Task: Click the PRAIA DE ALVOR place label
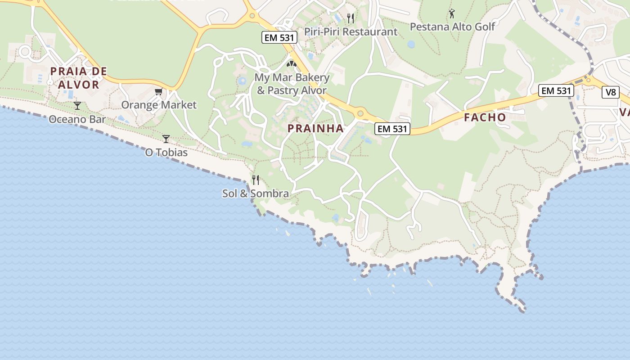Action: (78, 78)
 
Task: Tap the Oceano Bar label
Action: (77, 119)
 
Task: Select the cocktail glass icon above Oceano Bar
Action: (77, 106)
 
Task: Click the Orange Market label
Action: (159, 105)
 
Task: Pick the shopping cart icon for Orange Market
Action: (158, 92)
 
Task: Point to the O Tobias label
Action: (166, 153)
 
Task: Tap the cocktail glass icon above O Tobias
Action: (166, 139)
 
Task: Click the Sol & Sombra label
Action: (256, 193)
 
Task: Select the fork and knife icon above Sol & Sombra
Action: (256, 180)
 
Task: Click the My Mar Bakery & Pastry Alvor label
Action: (292, 84)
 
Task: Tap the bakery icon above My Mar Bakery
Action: (292, 64)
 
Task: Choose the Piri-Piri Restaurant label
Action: (351, 31)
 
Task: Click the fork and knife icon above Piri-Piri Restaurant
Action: (351, 18)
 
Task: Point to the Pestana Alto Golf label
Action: (452, 27)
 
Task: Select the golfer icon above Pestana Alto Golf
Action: (452, 13)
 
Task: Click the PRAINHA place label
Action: (315, 128)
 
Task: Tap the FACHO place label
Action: (485, 117)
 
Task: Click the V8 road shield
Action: (610, 92)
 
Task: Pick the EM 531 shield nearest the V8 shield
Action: (556, 90)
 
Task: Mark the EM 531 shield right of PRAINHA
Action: (392, 129)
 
